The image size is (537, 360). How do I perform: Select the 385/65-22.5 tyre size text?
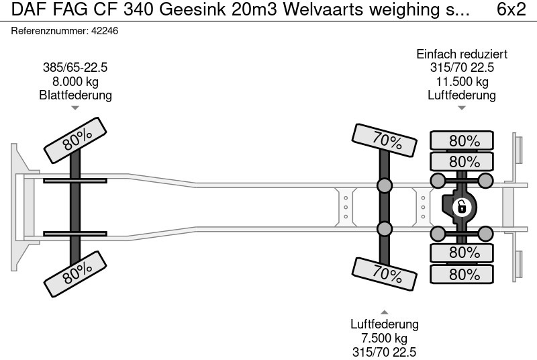(75, 67)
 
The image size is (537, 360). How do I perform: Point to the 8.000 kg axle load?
(75, 81)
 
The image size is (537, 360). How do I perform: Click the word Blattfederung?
(75, 95)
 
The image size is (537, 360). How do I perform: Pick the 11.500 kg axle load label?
(462, 81)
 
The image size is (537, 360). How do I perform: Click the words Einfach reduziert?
(462, 54)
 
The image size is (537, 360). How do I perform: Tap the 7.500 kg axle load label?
(385, 338)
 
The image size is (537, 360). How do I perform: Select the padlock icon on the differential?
(462, 207)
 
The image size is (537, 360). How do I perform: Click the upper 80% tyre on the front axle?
(77, 140)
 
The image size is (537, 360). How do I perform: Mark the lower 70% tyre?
(386, 273)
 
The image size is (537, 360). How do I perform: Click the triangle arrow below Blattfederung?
(75, 107)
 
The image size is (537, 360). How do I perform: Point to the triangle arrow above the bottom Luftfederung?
(385, 312)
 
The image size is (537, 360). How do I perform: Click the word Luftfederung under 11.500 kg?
(462, 95)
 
